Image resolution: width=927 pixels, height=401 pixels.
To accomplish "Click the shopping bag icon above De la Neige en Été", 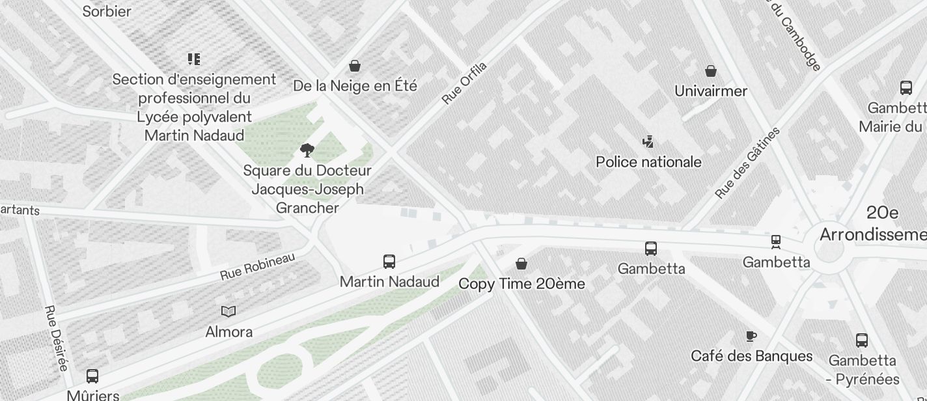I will (x=355, y=66).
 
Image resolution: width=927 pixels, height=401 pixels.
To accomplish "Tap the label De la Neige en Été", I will (x=355, y=86).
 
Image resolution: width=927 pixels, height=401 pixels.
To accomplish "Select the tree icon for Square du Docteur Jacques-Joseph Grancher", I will (x=307, y=151).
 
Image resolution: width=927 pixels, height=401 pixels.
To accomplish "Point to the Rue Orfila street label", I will (x=464, y=83).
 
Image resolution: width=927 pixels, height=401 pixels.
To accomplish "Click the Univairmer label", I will (x=711, y=91).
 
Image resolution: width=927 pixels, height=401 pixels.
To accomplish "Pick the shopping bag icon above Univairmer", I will (x=711, y=70).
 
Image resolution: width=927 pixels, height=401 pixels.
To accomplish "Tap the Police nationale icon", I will (x=648, y=141).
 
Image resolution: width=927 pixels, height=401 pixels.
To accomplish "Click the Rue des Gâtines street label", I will (x=747, y=163).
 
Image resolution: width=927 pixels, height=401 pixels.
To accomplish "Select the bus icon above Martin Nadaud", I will (x=389, y=262).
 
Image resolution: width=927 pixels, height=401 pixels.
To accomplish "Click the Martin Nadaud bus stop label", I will (x=389, y=282).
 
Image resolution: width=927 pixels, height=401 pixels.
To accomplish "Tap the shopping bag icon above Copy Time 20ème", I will (x=521, y=264).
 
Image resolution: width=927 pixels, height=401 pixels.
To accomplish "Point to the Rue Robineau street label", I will (x=257, y=267).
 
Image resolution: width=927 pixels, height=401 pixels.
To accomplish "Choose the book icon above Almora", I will (x=228, y=311).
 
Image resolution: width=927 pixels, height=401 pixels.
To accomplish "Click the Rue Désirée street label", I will (x=56, y=338).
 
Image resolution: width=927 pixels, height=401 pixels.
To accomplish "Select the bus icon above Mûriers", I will (x=92, y=376).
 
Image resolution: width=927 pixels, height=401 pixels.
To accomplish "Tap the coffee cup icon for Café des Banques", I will (x=751, y=336).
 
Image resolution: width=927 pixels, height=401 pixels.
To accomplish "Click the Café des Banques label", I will (x=751, y=356).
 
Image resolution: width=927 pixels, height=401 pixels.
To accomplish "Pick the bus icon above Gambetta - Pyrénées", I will (x=861, y=340).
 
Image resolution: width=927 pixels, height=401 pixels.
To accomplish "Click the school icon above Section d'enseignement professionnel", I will (x=194, y=59).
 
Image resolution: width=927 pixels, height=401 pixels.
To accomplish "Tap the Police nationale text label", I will (x=648, y=162).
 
